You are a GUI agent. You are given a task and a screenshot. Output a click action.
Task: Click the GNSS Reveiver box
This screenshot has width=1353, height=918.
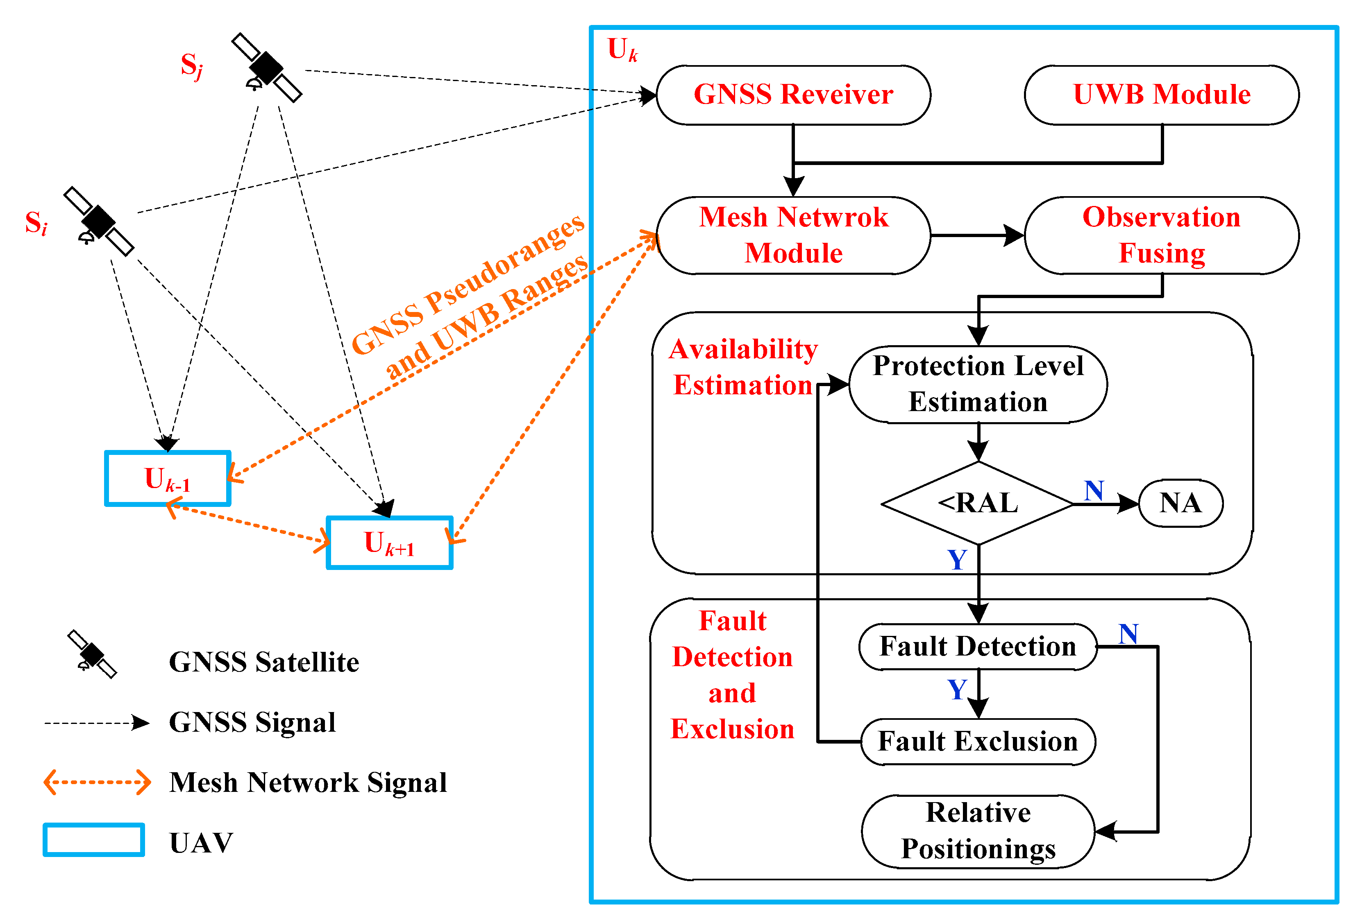pos(793,95)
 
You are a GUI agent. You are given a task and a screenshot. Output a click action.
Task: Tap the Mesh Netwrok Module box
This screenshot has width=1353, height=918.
pos(793,235)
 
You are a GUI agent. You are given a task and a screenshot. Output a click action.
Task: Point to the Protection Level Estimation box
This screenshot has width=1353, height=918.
pos(978,384)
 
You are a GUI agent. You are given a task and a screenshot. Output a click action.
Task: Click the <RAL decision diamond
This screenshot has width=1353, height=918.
pos(978,503)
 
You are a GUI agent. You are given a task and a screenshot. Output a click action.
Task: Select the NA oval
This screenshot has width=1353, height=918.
pos(1180,503)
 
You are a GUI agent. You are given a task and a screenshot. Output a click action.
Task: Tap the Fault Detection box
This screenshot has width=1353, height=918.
pos(978,646)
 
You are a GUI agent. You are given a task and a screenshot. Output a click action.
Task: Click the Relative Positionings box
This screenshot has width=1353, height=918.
pos(978,831)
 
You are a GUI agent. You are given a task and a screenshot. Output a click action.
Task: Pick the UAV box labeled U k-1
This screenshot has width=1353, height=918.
pos(168,478)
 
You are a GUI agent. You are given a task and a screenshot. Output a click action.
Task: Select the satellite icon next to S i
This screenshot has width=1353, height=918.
pos(99,222)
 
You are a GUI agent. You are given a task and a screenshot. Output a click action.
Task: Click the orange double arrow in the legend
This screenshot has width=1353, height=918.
pos(97,782)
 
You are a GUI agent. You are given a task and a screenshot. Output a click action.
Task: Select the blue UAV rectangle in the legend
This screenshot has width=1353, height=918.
pos(94,839)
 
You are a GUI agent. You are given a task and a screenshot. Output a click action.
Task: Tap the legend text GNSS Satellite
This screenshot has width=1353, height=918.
pos(264,662)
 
